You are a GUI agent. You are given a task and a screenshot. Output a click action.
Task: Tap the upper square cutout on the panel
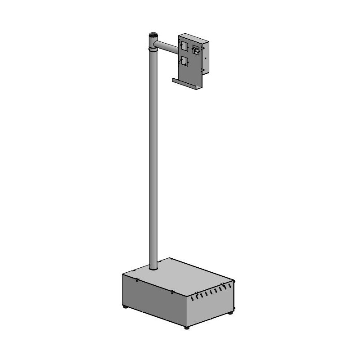184,45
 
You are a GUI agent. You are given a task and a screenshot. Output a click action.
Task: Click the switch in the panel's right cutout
196,50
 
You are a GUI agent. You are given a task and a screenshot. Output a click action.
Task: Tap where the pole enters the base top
153,269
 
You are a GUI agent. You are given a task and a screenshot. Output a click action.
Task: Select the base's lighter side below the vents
211,310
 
